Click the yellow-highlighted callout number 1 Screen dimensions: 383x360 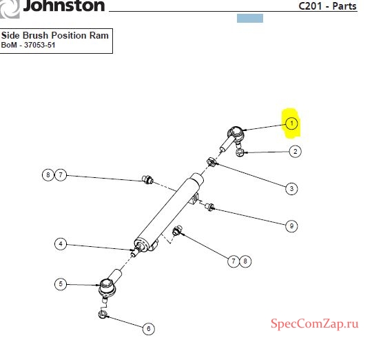coord(291,123)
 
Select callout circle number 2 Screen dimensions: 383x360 coord(295,152)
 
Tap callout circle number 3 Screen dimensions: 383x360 coord(291,189)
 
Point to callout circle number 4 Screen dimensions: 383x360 coord(61,244)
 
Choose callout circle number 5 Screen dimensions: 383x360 coord(61,284)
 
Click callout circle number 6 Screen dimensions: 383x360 coord(149,329)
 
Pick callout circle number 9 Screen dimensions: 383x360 coord(291,226)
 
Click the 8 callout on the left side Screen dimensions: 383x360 coord(48,175)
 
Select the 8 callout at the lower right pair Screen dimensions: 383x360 coord(245,261)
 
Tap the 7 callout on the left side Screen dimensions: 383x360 coord(61,175)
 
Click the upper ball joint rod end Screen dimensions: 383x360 coord(232,139)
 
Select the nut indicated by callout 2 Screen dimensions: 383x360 coord(240,153)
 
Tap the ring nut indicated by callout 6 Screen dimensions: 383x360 coord(102,314)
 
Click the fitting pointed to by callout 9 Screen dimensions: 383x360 coord(209,207)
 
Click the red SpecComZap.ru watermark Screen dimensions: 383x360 coord(315,324)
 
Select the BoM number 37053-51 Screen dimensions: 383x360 coord(39,46)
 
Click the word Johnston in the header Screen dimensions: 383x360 coord(64,6)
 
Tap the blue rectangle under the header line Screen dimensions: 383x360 coord(250,19)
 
